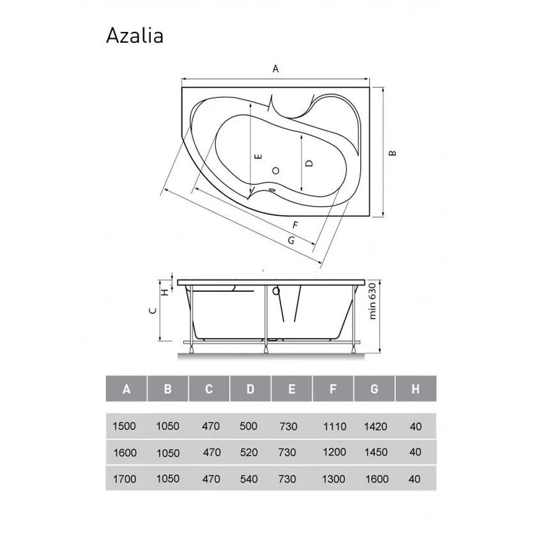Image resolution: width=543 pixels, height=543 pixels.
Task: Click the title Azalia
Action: (x=134, y=36)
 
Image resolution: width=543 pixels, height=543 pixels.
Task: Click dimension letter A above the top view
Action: (x=276, y=69)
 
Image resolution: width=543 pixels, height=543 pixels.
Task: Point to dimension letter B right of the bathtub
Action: (x=394, y=153)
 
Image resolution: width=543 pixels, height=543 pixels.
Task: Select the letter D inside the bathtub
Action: (x=309, y=163)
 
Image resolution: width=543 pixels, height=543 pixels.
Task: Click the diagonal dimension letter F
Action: (x=294, y=225)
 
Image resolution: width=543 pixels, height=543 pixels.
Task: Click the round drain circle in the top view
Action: (x=276, y=171)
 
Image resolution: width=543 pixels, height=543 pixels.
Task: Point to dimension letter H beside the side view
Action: (x=164, y=292)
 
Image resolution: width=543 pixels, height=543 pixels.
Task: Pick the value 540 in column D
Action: (x=249, y=478)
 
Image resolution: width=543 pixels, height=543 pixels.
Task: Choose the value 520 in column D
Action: (x=249, y=452)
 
